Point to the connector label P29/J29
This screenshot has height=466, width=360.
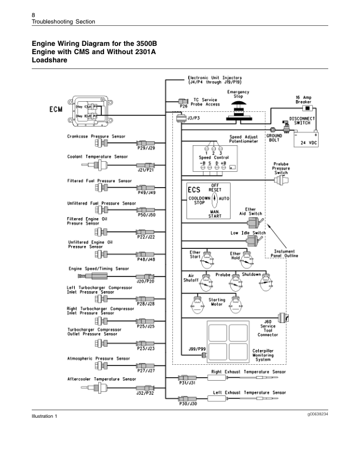pyautogui.click(x=145, y=149)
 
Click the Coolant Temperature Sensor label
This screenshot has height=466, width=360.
pyautogui.click(x=97, y=157)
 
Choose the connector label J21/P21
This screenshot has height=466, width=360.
pyautogui.click(x=145, y=171)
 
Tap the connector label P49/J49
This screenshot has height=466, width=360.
pyautogui.click(x=145, y=192)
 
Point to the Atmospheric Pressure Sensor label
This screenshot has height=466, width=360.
pyautogui.click(x=98, y=358)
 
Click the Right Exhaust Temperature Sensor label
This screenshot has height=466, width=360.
pyautogui.click(x=248, y=372)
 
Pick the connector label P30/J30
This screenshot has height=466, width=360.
pyautogui.click(x=188, y=404)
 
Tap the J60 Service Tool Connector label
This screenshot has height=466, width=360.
pyautogui.click(x=268, y=328)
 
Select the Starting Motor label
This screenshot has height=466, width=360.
pyautogui.click(x=217, y=302)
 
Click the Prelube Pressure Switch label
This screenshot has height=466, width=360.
pyautogui.click(x=281, y=168)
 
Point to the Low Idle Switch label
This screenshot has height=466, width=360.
pyautogui.click(x=248, y=232)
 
